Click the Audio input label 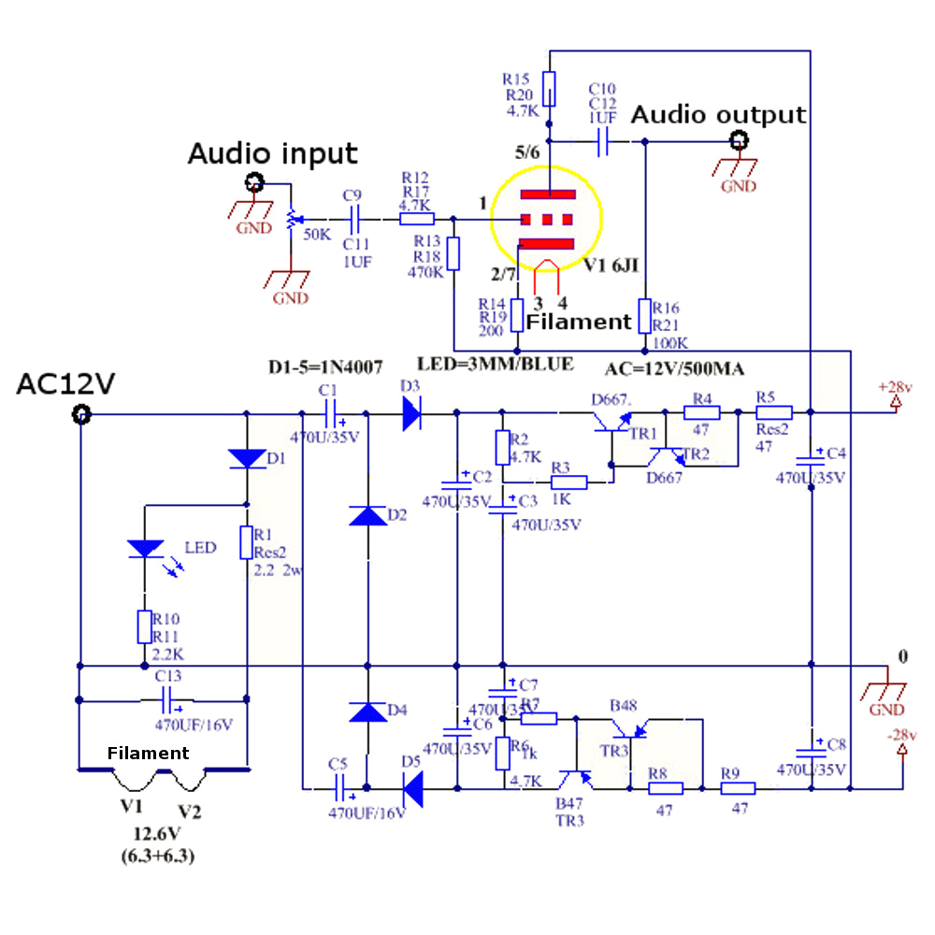(x=273, y=153)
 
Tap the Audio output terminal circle (x=739, y=142)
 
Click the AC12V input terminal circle (x=81, y=413)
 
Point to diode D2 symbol (x=367, y=516)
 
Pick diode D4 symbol (x=367, y=712)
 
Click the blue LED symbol (x=145, y=549)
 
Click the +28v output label (x=896, y=386)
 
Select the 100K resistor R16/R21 (x=644, y=316)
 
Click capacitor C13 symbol (x=168, y=698)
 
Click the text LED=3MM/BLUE (x=494, y=364)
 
